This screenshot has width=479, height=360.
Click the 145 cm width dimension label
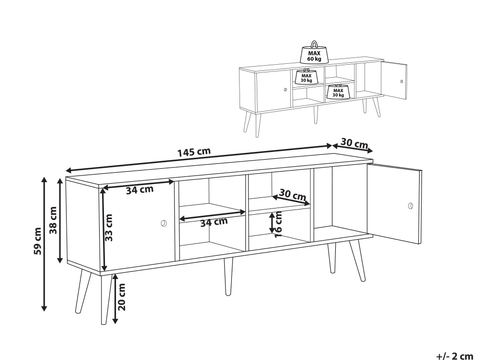(x=194, y=152)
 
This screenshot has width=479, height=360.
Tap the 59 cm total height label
(x=38, y=241)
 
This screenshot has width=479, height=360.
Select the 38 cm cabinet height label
(x=54, y=220)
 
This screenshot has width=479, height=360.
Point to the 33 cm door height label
(x=109, y=228)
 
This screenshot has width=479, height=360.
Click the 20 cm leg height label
(x=122, y=297)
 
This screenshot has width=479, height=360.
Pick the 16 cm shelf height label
(x=278, y=224)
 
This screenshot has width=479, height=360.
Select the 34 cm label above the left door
(x=139, y=190)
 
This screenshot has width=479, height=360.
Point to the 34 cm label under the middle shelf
(x=214, y=222)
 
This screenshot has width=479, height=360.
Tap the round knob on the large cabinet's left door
(x=164, y=223)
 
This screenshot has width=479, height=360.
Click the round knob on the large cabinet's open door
(x=411, y=206)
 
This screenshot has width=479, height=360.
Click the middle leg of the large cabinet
(x=228, y=276)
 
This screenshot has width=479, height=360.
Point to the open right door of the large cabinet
(x=394, y=204)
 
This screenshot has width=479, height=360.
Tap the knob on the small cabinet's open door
(x=402, y=81)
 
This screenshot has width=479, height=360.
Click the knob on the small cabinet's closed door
(x=285, y=90)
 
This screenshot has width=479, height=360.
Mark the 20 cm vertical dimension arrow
(x=115, y=299)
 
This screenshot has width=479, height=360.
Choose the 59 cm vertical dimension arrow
(x=45, y=244)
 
